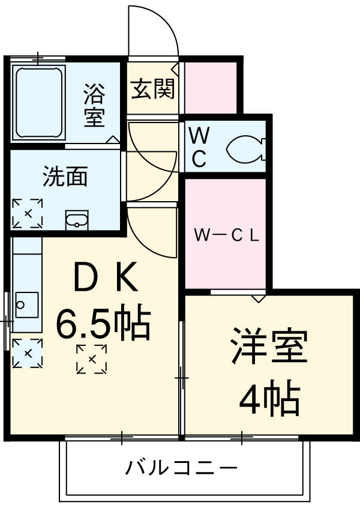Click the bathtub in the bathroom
[38, 103]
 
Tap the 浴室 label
[94, 106]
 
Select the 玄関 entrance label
[153, 89]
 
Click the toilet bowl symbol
[247, 148]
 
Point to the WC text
[199, 148]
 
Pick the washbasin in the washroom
[77, 221]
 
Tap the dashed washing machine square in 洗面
[28, 213]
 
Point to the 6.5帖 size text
[103, 325]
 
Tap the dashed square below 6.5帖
[92, 359]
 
